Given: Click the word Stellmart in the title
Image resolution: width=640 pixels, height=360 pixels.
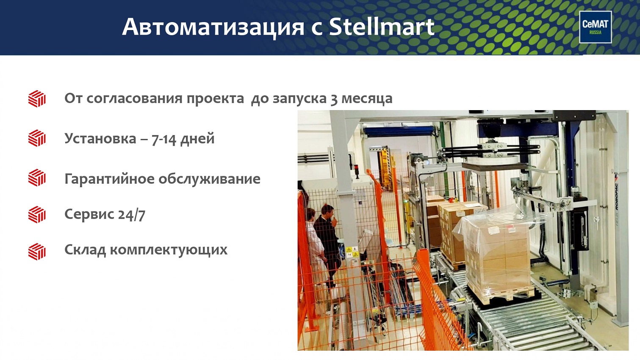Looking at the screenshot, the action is (x=382, y=27).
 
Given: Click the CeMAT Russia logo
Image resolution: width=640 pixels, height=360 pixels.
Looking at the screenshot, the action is (x=596, y=27).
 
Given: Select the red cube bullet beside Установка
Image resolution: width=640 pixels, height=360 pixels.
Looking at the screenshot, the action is (x=37, y=138).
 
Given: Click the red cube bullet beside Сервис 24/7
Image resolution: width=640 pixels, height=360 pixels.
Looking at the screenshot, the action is (x=37, y=214).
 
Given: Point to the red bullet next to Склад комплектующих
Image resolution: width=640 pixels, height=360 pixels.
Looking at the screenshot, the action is (x=37, y=252).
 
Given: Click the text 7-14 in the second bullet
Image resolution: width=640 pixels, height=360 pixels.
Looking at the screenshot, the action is (x=164, y=139).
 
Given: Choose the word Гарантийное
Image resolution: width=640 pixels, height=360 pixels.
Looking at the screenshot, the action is (x=109, y=179).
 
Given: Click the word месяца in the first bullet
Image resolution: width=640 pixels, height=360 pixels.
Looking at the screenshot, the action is (x=367, y=99).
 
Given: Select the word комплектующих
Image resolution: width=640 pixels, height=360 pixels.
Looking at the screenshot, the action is (x=169, y=250).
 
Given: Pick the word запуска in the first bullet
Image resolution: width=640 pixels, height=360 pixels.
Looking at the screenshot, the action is (x=299, y=99).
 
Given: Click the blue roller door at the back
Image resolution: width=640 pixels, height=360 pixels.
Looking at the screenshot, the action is (x=399, y=132).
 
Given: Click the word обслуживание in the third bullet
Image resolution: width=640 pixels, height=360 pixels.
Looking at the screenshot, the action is (x=209, y=179).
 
